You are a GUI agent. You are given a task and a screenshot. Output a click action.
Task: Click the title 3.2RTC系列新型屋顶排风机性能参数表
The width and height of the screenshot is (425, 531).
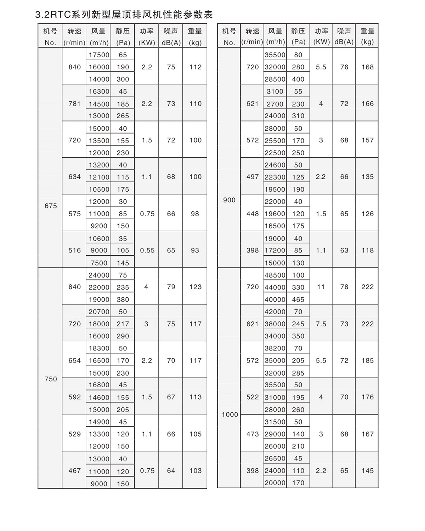124,15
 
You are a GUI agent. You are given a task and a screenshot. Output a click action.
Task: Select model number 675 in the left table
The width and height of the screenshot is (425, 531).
50,206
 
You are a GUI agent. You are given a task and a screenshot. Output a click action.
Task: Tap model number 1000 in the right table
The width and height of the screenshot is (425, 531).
229,415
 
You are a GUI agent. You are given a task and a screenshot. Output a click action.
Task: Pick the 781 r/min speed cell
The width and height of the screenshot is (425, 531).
74,104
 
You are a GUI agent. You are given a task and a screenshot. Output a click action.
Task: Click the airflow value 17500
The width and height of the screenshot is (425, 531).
99,55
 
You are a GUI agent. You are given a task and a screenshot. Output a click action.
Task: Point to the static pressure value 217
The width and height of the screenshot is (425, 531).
123,324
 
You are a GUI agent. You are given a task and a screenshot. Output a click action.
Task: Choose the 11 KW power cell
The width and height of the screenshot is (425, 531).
321,287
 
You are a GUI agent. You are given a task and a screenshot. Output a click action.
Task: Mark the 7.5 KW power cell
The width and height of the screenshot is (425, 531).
321,324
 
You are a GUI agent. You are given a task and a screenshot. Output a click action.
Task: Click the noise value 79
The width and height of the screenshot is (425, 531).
171,287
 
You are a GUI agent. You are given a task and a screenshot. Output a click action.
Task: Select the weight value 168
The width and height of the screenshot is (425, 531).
367,67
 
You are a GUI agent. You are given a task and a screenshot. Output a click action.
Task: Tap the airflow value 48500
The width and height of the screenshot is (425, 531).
275,275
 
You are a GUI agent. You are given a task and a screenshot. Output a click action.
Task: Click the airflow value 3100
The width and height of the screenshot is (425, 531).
275,91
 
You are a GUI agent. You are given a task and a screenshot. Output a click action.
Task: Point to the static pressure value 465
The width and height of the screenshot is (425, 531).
298,299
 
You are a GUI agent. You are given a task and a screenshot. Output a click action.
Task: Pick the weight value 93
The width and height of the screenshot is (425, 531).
195,250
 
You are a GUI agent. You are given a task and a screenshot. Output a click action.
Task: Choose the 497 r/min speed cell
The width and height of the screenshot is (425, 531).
252,177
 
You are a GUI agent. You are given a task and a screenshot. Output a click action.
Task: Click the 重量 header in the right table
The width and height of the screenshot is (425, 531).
367,31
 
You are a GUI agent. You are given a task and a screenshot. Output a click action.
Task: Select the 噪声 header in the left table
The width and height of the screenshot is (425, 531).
171,31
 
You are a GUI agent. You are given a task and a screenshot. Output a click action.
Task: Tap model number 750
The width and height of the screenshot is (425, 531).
50,379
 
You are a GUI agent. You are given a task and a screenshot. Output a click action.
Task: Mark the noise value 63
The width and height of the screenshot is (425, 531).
344,250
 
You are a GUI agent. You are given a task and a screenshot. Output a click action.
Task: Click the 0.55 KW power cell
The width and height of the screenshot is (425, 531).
147,250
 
